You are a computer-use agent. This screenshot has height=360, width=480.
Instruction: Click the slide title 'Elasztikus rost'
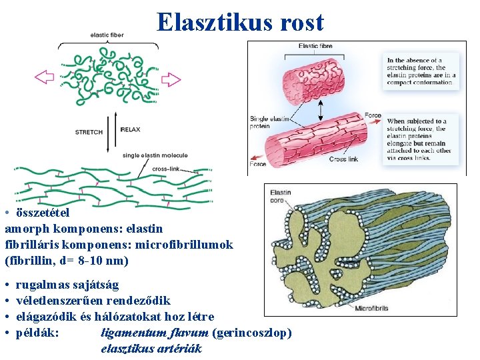[x=240, y=22]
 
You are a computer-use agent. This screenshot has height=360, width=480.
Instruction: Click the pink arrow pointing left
[x=44, y=77]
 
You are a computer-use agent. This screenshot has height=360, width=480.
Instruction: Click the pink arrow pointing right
[x=171, y=79]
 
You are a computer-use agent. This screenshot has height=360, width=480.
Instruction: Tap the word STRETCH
[x=89, y=132]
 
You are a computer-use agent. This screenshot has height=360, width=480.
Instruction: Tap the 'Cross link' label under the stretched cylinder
[x=343, y=159]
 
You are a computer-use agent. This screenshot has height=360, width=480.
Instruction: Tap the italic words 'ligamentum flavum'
[x=155, y=333]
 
